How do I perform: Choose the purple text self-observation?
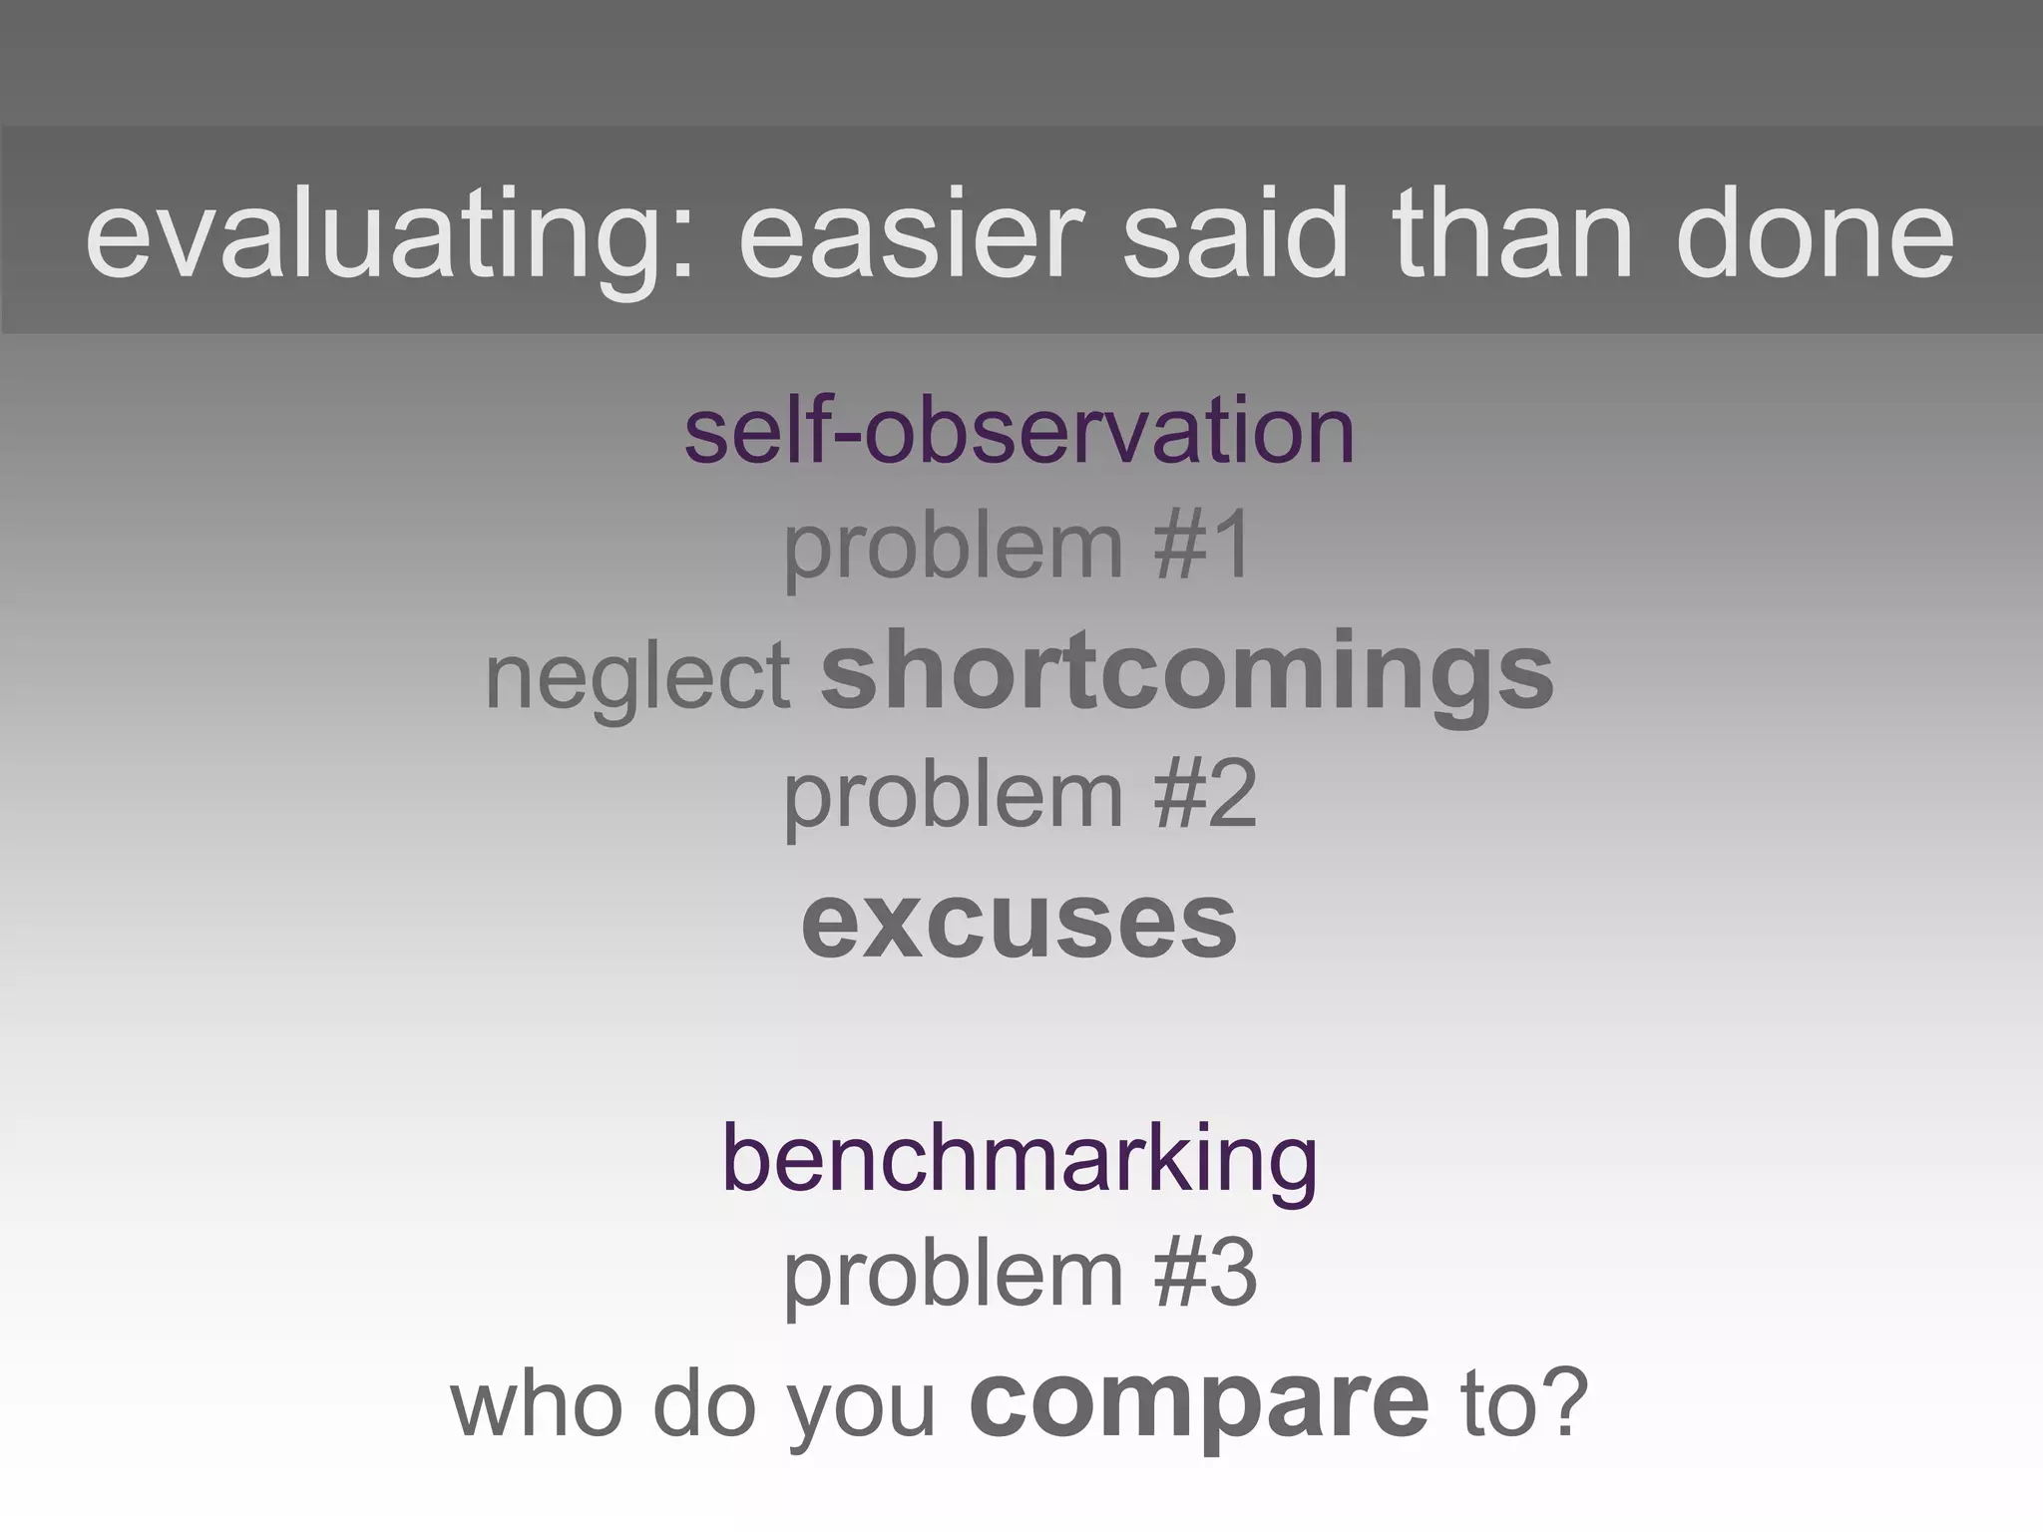point(1020,431)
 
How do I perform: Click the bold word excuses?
point(1019,922)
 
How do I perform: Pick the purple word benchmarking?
point(1020,1159)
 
